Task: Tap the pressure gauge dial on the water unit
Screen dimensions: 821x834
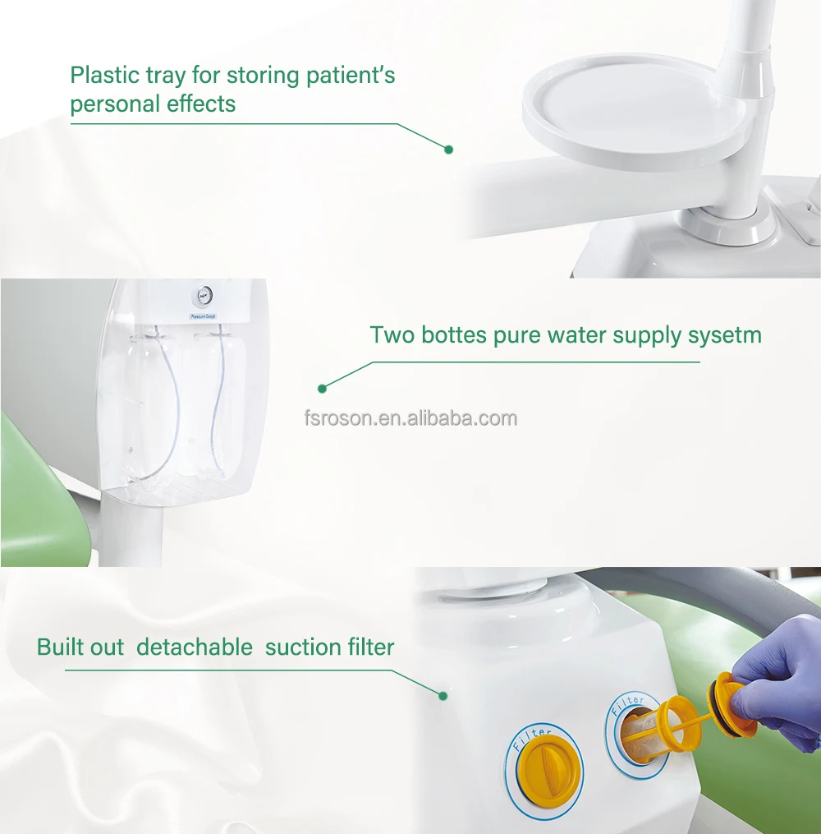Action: [204, 294]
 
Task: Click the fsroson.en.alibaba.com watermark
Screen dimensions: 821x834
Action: [410, 418]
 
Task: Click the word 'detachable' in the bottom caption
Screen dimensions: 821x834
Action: [195, 647]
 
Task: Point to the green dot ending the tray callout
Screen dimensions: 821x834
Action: [448, 150]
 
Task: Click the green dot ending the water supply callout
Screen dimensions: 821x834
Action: [322, 389]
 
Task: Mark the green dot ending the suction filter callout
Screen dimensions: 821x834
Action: [443, 696]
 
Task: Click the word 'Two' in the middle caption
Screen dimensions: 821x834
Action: [392, 335]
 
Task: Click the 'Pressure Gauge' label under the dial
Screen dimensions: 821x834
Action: [203, 316]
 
